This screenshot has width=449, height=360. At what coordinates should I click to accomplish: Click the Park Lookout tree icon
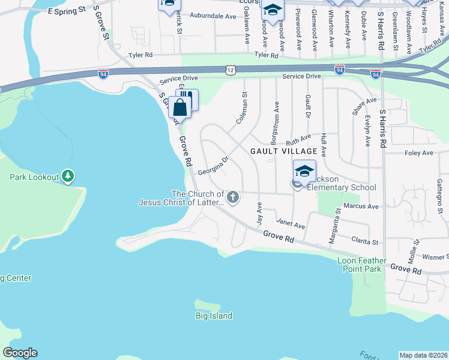pyautogui.click(x=68, y=176)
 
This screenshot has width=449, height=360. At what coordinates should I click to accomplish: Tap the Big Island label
pyautogui.click(x=214, y=316)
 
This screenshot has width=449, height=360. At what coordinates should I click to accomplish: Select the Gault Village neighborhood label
pyautogui.click(x=280, y=151)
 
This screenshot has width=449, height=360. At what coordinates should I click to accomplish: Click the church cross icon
pyautogui.click(x=233, y=197)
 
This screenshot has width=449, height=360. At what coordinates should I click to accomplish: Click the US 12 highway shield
pyautogui.click(x=231, y=70)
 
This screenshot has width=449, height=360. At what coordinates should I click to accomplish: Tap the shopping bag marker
pyautogui.click(x=180, y=107)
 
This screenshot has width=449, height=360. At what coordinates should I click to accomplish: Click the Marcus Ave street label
pyautogui.click(x=362, y=206)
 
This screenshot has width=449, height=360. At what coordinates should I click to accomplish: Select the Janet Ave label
pyautogui.click(x=291, y=226)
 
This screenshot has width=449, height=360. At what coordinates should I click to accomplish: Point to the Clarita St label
pyautogui.click(x=364, y=242)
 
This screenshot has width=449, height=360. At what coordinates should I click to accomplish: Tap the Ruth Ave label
pyautogui.click(x=300, y=140)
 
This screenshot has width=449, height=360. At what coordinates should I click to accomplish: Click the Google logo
pyautogui.click(x=20, y=353)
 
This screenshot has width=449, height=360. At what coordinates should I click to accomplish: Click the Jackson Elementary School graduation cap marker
pyautogui.click(x=304, y=170)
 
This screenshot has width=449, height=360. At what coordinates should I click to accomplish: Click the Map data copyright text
pyautogui.click(x=423, y=355)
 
